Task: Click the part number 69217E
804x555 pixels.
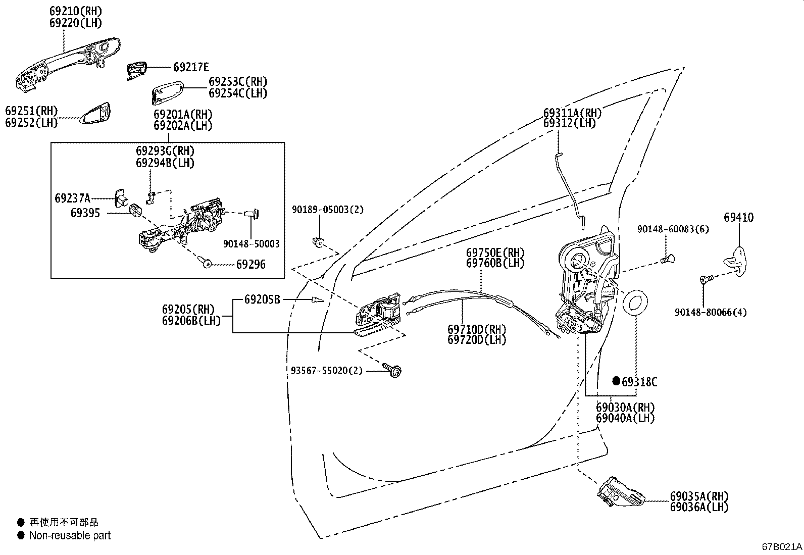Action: [x=191, y=67]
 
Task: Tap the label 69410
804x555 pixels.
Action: [x=738, y=218]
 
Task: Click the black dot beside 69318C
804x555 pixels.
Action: [x=616, y=381]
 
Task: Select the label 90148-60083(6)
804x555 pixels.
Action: [x=673, y=229]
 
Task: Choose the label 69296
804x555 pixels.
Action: [x=250, y=265]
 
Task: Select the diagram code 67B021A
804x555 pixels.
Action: [x=782, y=547]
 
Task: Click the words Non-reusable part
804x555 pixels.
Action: [x=70, y=535]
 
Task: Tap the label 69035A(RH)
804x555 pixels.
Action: [x=699, y=496]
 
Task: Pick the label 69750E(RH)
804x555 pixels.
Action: [x=495, y=252]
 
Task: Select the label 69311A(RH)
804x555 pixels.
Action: [x=572, y=113]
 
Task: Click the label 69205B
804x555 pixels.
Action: [x=262, y=299]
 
